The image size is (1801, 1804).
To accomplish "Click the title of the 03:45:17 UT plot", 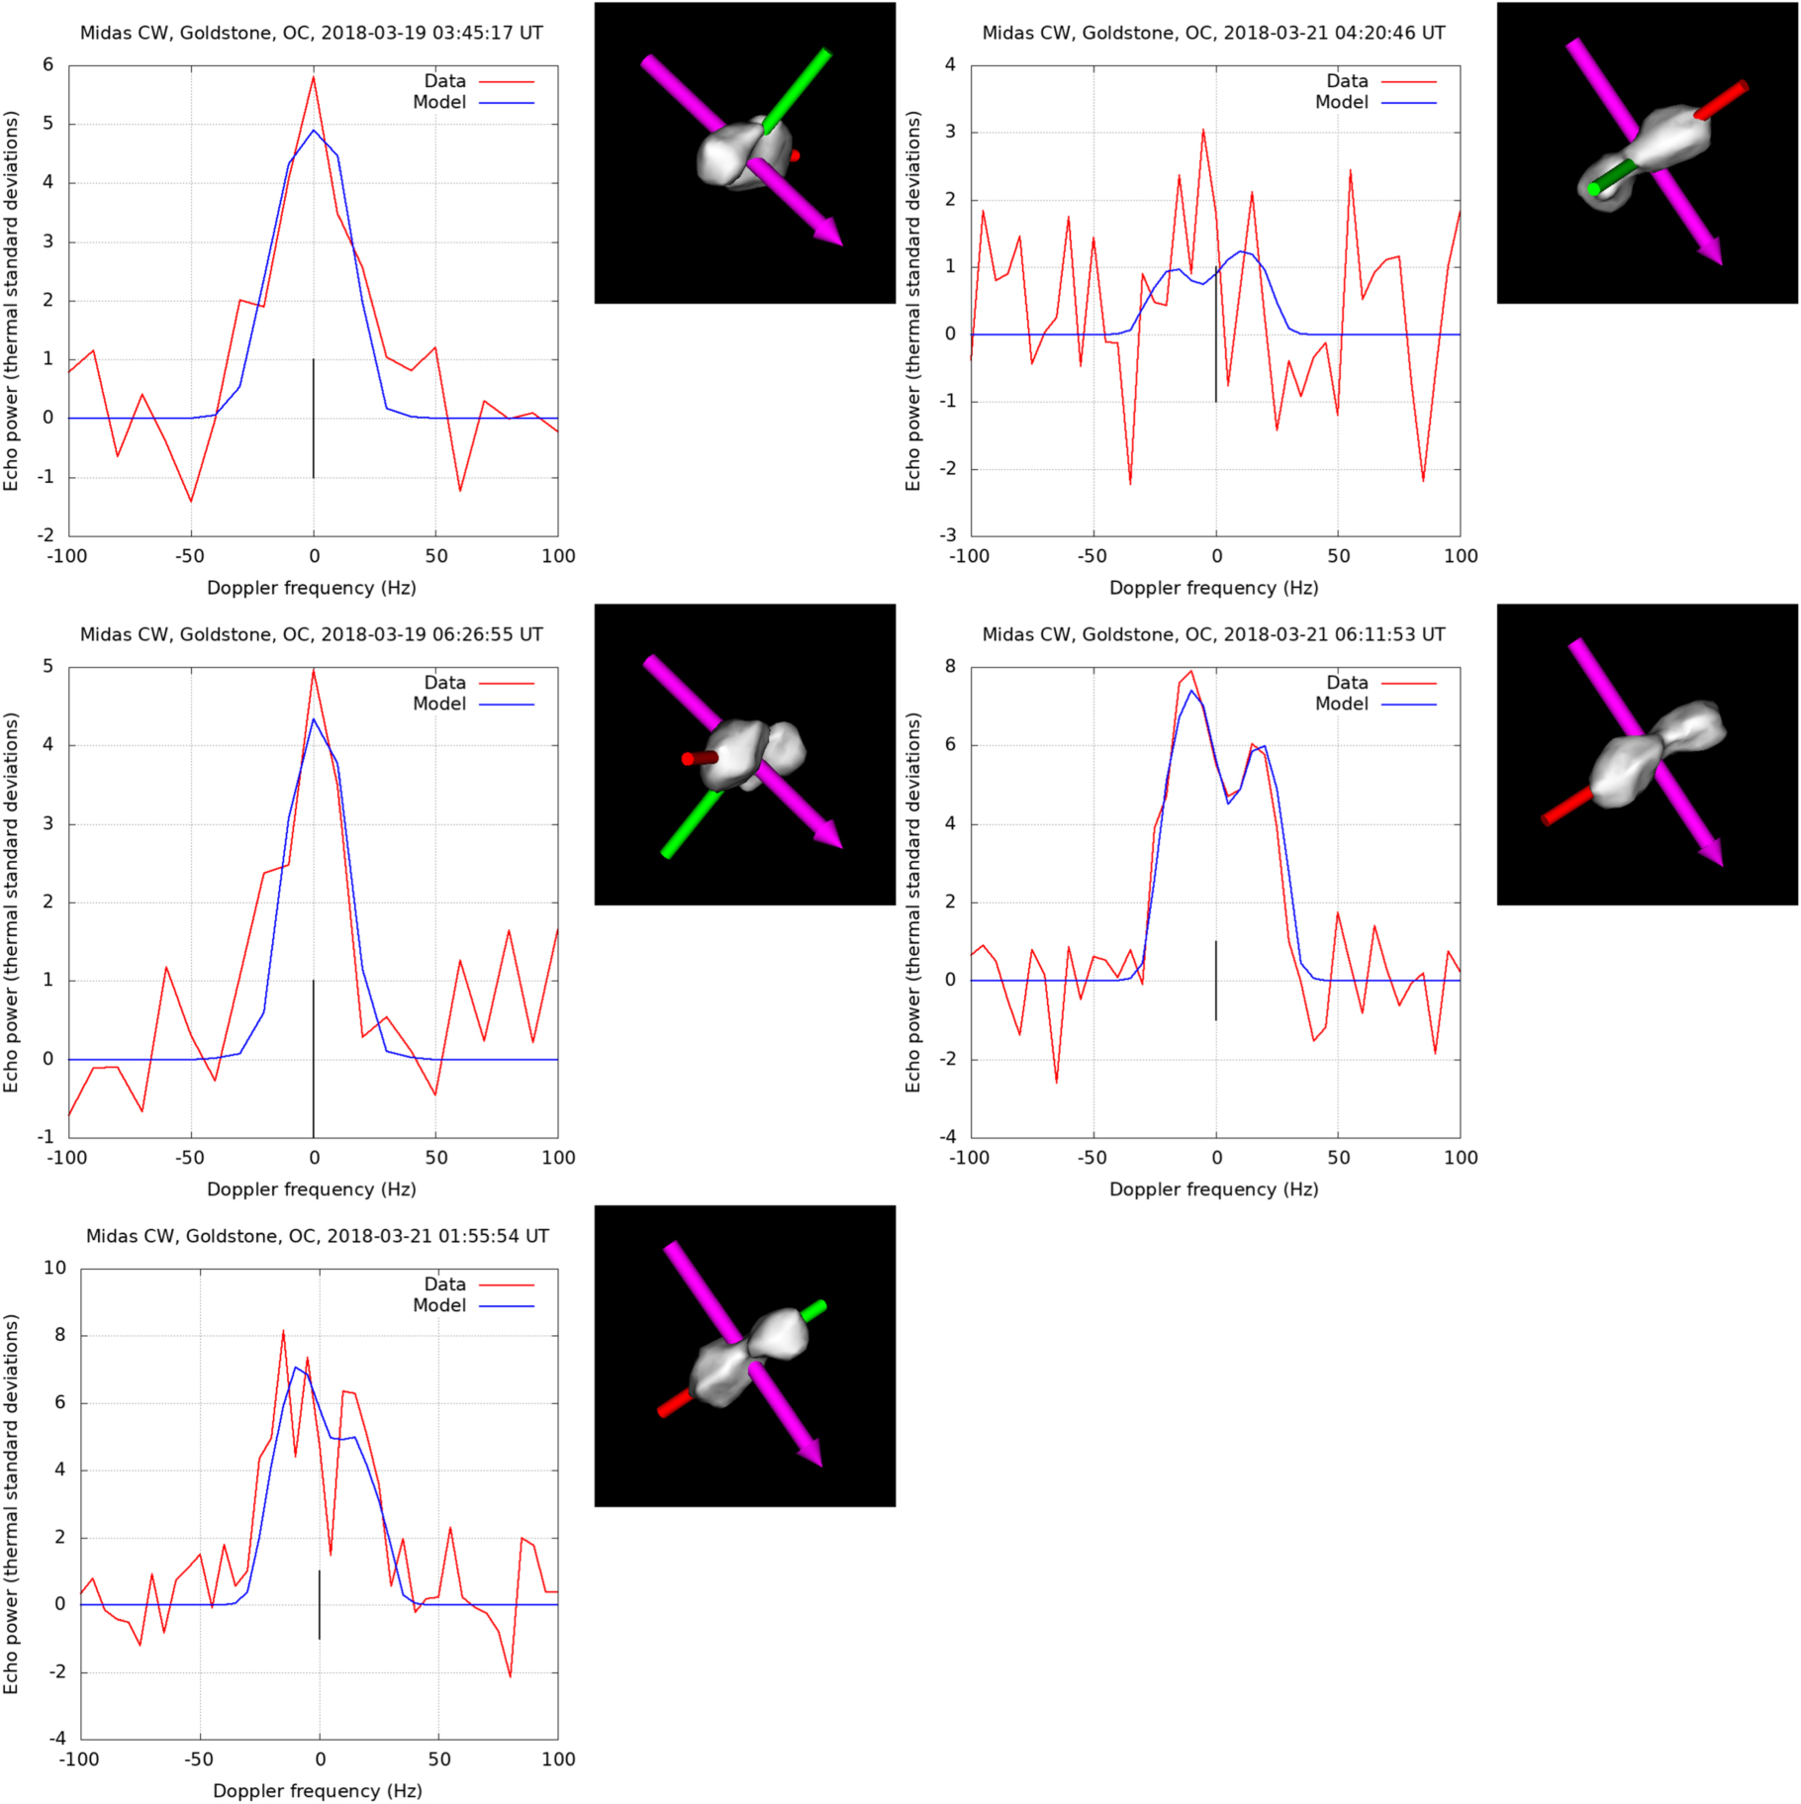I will point(311,33).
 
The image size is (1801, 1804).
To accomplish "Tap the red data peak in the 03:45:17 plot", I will point(314,78).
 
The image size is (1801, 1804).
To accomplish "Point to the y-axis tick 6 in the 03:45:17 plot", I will point(47,65).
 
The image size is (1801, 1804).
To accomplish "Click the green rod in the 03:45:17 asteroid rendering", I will point(798,89).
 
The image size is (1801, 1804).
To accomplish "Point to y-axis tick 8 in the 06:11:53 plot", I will point(950,667).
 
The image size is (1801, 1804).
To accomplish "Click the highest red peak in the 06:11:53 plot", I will point(1191,672).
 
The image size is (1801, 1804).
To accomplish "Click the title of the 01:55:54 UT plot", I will point(317,1236).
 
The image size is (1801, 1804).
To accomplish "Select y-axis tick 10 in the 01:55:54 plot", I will point(55,1269).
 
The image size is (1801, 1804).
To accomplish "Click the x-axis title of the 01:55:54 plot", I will point(317,1791).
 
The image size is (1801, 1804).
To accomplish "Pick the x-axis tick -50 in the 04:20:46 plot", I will point(1092,556).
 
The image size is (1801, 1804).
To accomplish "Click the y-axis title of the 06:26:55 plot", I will point(12,902).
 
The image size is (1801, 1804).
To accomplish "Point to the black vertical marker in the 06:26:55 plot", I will point(314,1059).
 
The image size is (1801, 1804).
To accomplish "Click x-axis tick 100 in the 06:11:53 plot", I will point(1461,1158).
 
